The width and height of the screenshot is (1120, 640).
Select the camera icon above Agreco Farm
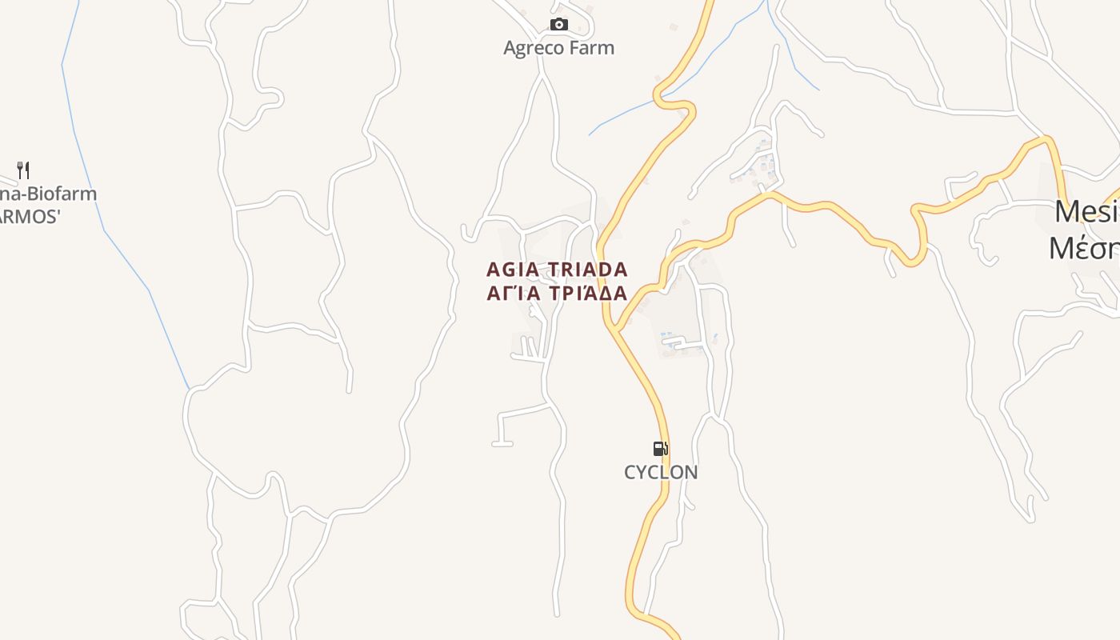(559, 25)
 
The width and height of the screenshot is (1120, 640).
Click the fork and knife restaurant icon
(23, 170)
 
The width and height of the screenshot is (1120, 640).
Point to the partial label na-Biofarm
(48, 194)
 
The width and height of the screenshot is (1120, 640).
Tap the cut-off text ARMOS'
(30, 217)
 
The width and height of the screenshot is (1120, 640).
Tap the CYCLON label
(661, 472)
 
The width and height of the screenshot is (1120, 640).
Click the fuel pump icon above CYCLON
(660, 449)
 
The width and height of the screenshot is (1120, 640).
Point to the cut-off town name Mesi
(1086, 212)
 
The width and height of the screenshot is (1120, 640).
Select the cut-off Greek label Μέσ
(1084, 248)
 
